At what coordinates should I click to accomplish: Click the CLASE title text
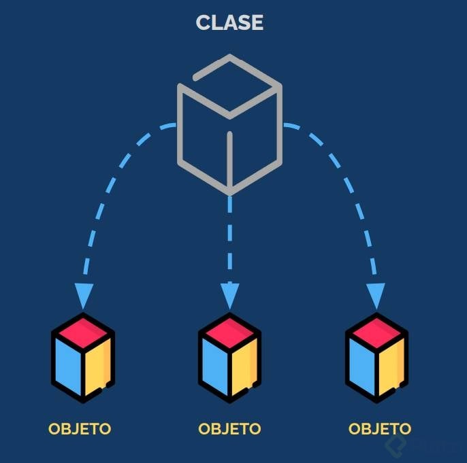229,22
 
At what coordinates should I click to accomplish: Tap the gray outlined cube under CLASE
229,122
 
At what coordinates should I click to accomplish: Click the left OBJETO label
80,429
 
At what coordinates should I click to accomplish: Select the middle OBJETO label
229,429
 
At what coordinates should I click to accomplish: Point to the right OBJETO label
380,429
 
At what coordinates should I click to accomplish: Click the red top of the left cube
83,330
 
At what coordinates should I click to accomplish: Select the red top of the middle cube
230,330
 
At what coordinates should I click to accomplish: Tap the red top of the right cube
376,330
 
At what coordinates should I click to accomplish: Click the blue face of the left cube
69,364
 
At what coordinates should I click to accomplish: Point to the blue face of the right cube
362,364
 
